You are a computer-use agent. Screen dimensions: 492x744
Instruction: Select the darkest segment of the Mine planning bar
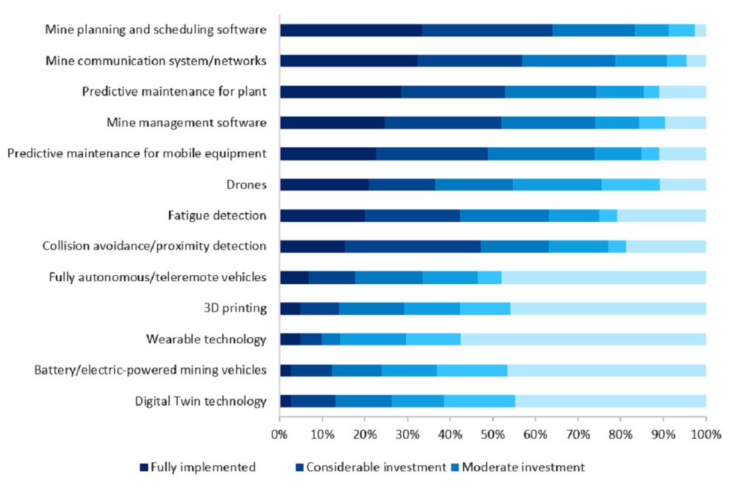[x=351, y=30]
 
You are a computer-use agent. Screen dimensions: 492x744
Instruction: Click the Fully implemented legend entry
[x=198, y=467]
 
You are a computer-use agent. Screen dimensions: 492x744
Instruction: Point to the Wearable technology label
[x=206, y=340]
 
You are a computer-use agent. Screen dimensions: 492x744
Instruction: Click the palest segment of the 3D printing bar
[x=608, y=309]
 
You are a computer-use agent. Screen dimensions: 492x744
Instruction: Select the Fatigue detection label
[x=216, y=216]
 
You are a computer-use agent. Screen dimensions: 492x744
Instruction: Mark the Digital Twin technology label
[x=200, y=402]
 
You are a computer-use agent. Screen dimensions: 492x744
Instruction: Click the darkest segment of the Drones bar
[x=324, y=185]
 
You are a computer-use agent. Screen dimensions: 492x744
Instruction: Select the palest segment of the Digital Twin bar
[x=611, y=402]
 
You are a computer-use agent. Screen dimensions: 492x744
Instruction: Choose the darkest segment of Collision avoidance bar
[x=312, y=246]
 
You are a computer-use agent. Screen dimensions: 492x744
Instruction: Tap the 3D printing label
[x=235, y=309]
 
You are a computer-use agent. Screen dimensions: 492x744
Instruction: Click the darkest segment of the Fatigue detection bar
[x=322, y=216]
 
